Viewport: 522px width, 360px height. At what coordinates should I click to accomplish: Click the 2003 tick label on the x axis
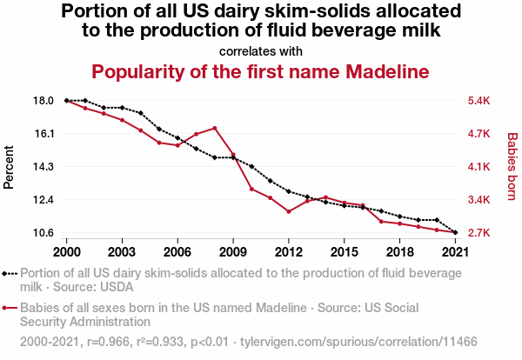point(122,251)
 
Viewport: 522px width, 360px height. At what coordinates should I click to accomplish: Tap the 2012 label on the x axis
point(288,251)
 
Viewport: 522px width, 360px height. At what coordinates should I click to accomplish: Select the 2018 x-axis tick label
point(399,251)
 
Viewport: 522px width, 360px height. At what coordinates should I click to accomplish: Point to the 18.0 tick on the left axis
point(43,101)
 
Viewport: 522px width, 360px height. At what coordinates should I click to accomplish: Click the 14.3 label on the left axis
point(43,167)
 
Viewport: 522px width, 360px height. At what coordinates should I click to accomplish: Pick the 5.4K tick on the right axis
point(478,101)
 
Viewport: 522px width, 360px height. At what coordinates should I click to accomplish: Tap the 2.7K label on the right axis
point(478,233)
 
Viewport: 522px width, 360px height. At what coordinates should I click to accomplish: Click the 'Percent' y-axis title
point(10,167)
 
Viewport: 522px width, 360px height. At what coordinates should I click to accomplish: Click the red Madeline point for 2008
point(214,128)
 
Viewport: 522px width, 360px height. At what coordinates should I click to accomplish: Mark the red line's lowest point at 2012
point(288,211)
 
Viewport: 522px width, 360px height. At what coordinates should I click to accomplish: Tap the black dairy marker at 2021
point(455,232)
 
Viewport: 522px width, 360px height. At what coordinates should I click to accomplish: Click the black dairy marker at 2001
point(84,101)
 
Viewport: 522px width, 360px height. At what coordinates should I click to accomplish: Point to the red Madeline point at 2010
point(251,189)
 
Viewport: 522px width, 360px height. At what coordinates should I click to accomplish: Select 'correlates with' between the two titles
point(261,50)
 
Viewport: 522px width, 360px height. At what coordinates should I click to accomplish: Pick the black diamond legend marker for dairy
point(9,272)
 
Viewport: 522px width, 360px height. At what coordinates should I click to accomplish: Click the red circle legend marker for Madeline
point(9,308)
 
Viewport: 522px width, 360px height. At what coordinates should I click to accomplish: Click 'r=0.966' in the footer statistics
point(106,343)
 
